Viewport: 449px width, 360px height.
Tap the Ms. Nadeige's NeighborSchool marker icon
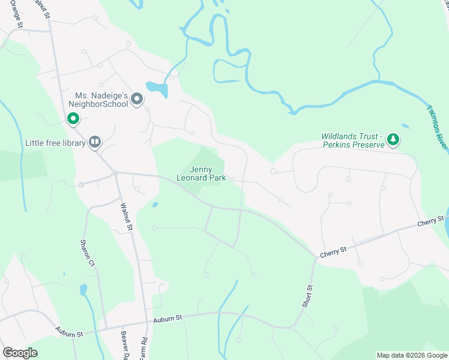137,99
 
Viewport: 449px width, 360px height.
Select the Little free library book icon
95,142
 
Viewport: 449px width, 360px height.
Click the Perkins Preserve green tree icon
393,140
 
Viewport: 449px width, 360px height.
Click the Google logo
20,353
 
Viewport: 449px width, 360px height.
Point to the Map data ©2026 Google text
411,355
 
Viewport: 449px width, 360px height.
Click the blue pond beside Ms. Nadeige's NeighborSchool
157,89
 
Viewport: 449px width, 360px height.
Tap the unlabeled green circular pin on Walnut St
73,119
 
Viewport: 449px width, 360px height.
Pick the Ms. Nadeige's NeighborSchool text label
101,99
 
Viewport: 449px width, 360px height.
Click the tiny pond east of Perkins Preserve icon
406,127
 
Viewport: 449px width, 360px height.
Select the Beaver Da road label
124,344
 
